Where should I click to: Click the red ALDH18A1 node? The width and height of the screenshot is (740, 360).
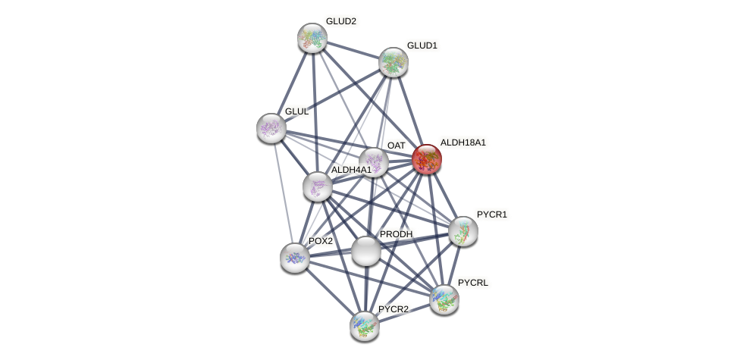click(426, 159)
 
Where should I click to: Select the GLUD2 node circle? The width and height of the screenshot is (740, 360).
click(312, 37)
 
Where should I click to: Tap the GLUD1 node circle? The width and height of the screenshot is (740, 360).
click(393, 62)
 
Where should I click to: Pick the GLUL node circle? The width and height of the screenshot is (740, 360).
click(271, 127)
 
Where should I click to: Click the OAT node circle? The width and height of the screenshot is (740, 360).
click(374, 161)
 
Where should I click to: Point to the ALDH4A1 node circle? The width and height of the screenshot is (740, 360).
click(317, 186)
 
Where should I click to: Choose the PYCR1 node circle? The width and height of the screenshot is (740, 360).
click(462, 231)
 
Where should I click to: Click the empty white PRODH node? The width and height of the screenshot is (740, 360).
click(365, 251)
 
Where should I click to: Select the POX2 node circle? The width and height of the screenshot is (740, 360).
click(294, 258)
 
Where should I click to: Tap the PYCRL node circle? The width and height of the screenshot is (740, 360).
click(444, 299)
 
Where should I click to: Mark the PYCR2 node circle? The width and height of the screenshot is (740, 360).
click(364, 325)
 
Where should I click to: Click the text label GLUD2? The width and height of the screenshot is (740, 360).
click(340, 21)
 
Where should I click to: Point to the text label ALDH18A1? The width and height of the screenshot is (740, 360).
click(462, 142)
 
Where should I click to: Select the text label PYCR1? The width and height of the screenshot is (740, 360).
click(491, 215)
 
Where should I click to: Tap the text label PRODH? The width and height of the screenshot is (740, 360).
click(396, 234)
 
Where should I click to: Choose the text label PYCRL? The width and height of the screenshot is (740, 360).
click(473, 283)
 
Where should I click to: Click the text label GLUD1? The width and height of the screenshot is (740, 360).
click(422, 45)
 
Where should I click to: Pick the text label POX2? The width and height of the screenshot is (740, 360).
click(320, 241)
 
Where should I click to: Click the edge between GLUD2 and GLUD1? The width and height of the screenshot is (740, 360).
click(353, 50)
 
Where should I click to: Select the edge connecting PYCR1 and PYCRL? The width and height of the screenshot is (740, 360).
click(453, 265)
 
